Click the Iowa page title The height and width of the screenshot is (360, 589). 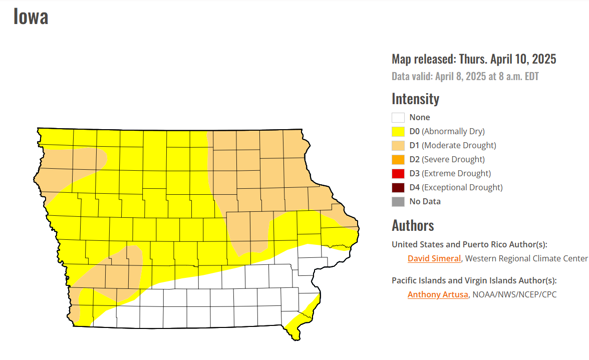click(31, 17)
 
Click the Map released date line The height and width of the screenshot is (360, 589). click(473, 59)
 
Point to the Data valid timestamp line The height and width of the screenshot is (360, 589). click(465, 77)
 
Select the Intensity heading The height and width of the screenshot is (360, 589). click(415, 99)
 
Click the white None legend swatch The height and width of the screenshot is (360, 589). click(398, 118)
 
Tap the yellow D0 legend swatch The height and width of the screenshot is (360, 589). click(398, 132)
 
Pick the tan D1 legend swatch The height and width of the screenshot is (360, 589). click(398, 146)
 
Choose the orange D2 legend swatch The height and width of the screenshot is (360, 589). click(398, 160)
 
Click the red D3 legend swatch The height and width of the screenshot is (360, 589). click(398, 174)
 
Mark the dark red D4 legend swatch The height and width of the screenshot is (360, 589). click(398, 188)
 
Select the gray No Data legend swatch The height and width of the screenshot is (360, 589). click(398, 202)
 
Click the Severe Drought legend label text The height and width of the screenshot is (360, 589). click(453, 160)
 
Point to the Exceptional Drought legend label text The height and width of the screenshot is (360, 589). click(462, 188)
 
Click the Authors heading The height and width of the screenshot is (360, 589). click(413, 225)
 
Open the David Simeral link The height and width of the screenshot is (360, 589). click(434, 259)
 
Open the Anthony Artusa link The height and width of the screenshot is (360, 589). click(438, 295)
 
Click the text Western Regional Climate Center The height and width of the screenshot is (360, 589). click(526, 259)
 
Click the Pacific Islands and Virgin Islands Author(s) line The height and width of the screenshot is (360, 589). click(474, 281)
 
